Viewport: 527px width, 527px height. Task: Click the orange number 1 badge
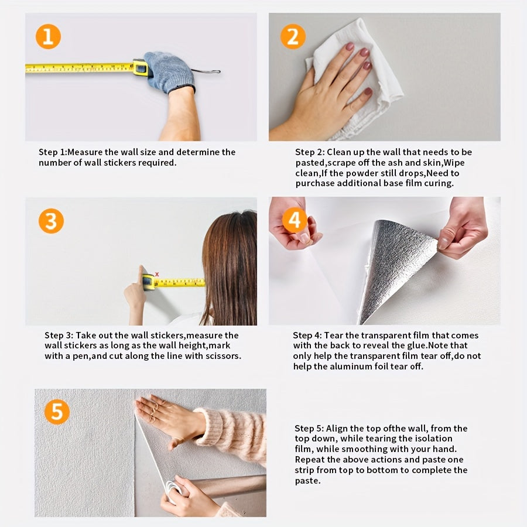(x=48, y=36)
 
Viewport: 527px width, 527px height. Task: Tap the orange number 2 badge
(x=293, y=36)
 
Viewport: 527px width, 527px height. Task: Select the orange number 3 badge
(x=51, y=221)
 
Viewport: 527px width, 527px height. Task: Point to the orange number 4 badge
(x=295, y=220)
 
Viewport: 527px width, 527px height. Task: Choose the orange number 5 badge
(x=57, y=412)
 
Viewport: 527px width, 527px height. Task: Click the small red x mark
(x=157, y=274)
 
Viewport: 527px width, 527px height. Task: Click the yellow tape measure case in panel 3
(x=148, y=282)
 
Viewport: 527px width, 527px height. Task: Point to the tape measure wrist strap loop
(x=206, y=71)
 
